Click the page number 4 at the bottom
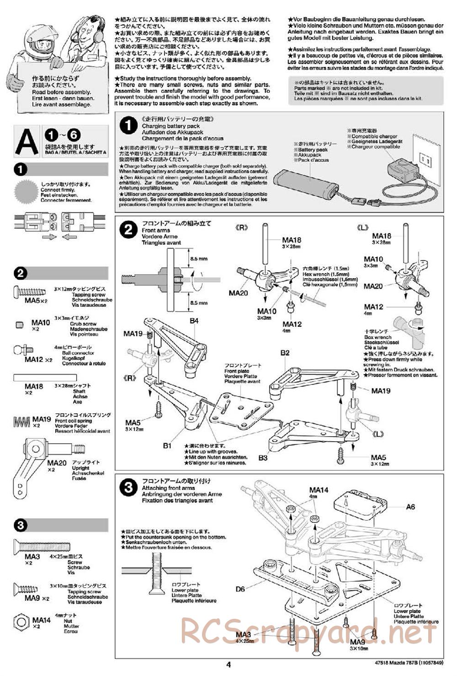click(x=228, y=665)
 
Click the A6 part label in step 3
click(x=410, y=507)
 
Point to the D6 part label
click(x=240, y=589)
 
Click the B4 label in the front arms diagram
click(x=194, y=321)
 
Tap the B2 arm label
click(x=285, y=352)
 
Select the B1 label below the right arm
click(x=167, y=445)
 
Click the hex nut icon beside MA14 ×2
click(x=21, y=622)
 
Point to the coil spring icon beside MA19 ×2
click(x=21, y=421)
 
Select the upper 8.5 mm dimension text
click(x=198, y=259)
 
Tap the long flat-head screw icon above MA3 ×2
click(x=42, y=546)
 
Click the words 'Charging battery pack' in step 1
click(x=170, y=126)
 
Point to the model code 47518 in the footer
click(x=388, y=665)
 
